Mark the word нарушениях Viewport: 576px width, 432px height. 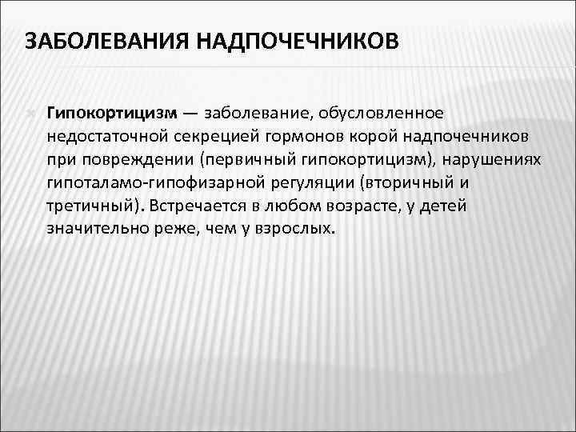tap(499, 159)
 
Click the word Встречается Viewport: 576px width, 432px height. tap(200, 206)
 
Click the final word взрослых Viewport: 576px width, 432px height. tap(295, 229)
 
